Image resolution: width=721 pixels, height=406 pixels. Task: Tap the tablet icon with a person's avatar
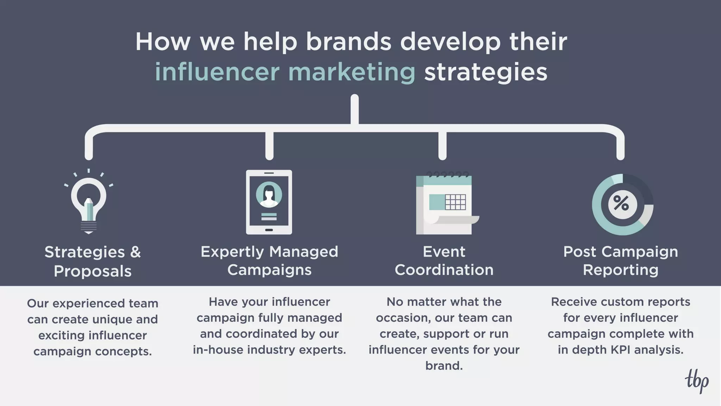click(269, 202)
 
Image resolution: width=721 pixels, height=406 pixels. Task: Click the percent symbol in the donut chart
click(622, 204)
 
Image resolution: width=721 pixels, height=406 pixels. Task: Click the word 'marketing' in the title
click(352, 72)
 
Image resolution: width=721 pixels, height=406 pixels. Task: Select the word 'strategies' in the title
click(486, 72)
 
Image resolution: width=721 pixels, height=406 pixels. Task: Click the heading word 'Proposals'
click(93, 271)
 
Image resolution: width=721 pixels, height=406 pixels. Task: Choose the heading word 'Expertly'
click(232, 252)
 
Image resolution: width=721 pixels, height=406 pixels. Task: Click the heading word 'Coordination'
click(444, 270)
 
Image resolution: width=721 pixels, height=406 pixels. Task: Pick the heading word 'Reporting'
click(620, 270)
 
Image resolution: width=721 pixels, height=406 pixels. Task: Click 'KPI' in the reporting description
click(623, 350)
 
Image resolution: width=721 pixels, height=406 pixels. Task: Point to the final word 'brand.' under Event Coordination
click(444, 366)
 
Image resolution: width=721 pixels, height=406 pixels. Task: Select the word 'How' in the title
click(163, 42)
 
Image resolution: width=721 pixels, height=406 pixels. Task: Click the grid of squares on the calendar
click(456, 202)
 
